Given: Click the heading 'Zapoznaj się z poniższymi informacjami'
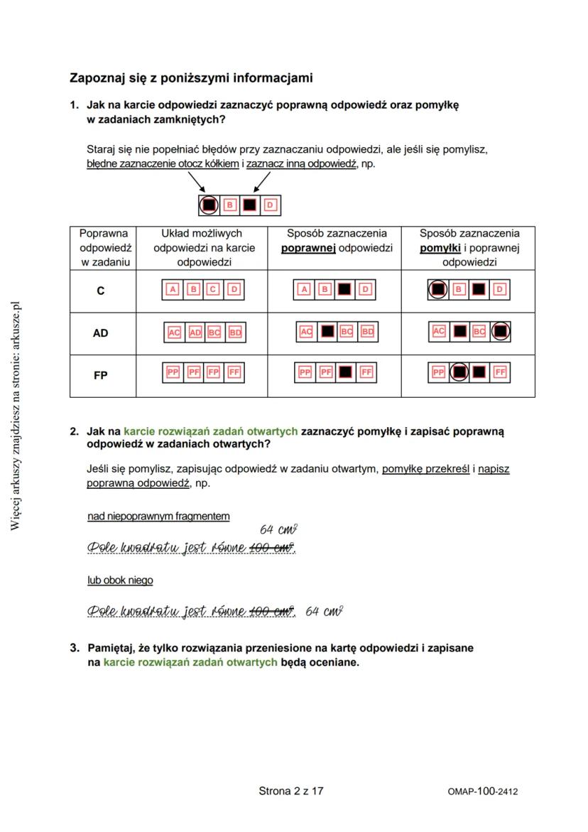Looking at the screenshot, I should coord(191,77).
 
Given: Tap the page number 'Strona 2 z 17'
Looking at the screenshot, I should coord(291,790).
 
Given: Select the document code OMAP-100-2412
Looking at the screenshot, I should coord(482,791).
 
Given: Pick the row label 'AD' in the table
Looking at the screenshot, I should coord(101,333).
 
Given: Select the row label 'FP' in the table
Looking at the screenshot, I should coord(101,374).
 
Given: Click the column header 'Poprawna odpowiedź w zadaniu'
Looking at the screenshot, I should coord(103,247).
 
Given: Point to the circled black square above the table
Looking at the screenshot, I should coord(208,205).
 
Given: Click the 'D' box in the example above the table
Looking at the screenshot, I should coord(270,205).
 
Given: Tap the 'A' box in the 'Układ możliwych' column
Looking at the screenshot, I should coord(172,289).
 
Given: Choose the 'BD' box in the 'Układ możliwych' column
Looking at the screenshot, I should coord(235,332).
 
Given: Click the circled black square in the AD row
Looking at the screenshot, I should coord(501,331).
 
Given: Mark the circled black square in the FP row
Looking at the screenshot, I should coord(459,372).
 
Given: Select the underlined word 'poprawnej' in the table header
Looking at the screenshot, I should coord(308,248).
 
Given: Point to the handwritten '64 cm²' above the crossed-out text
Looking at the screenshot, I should coord(278,529).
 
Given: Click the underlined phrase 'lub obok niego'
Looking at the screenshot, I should coord(120,580).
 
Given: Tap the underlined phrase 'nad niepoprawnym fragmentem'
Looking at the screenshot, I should coord(158,516).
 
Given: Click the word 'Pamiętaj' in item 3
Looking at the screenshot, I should coord(111,648).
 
